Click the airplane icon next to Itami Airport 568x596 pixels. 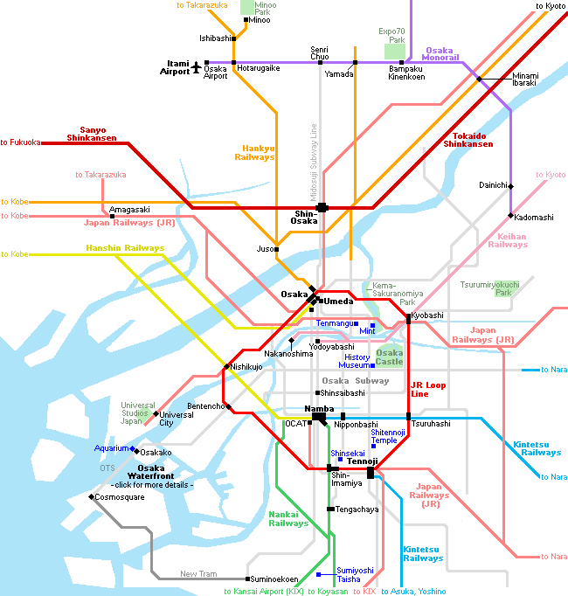tap(196, 67)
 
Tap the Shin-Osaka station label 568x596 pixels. tap(304, 218)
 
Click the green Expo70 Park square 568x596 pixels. tap(395, 52)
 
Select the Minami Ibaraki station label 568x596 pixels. tap(525, 79)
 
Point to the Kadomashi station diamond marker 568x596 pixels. tap(510, 216)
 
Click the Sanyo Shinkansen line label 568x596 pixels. tap(92, 134)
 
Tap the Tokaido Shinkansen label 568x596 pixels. tap(468, 140)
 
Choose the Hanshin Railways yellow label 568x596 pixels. tap(125, 248)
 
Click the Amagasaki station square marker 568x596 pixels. tap(112, 216)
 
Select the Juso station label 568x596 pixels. tap(266, 249)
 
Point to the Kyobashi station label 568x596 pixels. tap(427, 315)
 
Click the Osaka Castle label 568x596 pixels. tap(390, 357)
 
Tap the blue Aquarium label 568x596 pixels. tap(111, 448)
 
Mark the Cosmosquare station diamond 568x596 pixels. tap(91, 496)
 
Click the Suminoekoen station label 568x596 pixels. tap(274, 579)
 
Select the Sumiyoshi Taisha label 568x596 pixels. tap(355, 575)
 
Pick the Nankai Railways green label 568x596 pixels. tap(288, 519)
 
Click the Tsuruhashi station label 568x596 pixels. tap(431, 424)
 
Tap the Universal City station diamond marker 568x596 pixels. tap(156, 413)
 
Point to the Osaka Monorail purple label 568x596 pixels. tap(440, 53)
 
